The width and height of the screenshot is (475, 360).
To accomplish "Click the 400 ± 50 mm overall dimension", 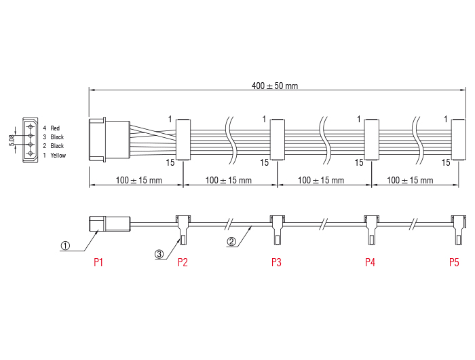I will (274, 86).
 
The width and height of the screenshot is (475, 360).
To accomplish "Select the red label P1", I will (98, 262).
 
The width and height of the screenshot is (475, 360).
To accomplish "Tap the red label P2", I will (183, 262).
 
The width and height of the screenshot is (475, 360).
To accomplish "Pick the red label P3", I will (276, 262).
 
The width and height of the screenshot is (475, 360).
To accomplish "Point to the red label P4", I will (370, 262).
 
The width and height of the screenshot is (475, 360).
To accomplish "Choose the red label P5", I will (454, 262).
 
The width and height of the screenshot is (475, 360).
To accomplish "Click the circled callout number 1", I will (66, 247).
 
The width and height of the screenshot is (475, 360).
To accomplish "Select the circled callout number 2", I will (231, 240).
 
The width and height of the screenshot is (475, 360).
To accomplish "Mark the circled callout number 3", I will (159, 254).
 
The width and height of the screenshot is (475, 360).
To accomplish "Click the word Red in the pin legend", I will (55, 128).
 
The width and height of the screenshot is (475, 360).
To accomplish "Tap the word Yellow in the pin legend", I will (58, 155).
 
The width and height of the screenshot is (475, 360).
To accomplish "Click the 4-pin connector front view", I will (31, 141).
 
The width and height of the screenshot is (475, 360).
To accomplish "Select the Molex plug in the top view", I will (109, 140).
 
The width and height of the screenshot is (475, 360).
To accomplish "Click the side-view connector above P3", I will (277, 228).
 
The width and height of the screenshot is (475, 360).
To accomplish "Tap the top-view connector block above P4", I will (370, 140).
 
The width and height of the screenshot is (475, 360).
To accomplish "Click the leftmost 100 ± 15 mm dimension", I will (136, 180).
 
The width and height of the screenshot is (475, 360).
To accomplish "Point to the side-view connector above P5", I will (459, 228).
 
